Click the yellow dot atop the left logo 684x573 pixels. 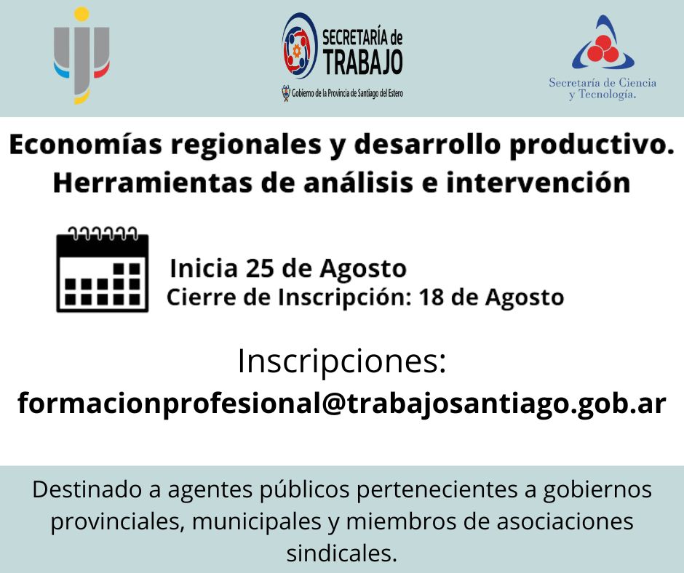[81, 14]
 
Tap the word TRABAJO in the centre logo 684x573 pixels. [362, 63]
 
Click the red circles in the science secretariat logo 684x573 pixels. [603, 49]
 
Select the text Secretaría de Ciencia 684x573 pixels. [603, 82]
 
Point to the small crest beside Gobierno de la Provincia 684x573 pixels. [286, 93]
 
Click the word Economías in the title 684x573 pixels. [86, 144]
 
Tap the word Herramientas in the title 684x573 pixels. [153, 183]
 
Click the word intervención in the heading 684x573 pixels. [538, 183]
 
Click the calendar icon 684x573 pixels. [103, 269]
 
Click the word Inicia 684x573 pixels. [204, 268]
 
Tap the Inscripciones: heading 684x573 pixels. [342, 361]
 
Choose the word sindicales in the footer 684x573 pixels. [341, 553]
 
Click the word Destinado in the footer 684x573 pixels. [87, 489]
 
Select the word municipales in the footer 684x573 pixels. [257, 522]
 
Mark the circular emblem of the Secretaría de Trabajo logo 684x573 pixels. [299, 46]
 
